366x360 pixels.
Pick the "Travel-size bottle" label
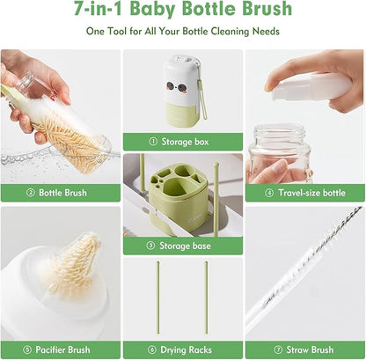308,192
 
